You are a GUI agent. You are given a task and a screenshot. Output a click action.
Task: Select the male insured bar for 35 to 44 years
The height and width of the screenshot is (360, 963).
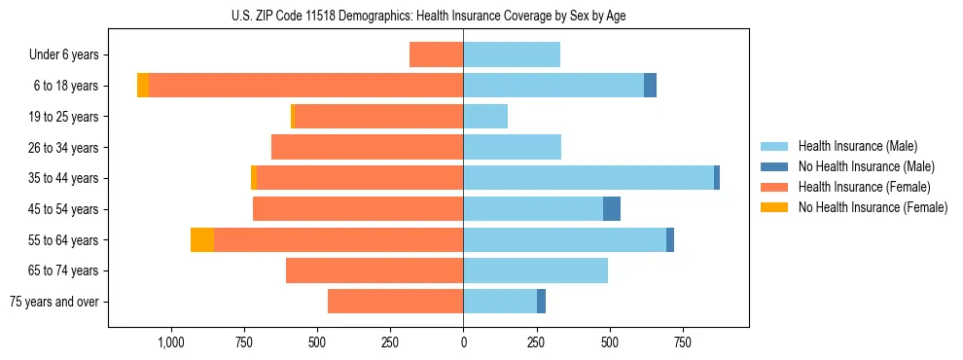pos(588,178)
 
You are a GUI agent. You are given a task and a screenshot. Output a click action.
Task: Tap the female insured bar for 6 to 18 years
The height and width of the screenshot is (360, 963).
pos(306,86)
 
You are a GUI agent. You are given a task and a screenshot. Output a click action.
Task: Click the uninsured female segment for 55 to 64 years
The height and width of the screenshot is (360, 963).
pos(202,239)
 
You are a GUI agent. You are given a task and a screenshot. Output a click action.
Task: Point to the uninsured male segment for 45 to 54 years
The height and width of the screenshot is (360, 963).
pos(612,208)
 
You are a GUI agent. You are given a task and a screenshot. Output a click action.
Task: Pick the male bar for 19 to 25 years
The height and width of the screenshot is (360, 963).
pos(485,117)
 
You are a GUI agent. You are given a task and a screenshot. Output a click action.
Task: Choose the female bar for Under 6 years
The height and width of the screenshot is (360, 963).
pos(436,54)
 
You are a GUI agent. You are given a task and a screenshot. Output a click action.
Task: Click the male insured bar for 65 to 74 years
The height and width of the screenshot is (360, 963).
pos(535,270)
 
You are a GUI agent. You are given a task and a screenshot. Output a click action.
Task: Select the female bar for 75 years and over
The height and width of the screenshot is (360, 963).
pos(395,302)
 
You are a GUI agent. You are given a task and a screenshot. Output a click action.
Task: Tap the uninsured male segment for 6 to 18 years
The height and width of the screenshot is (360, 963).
pos(650,86)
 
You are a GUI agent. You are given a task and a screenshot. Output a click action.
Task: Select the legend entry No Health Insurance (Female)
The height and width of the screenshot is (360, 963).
pos(873,207)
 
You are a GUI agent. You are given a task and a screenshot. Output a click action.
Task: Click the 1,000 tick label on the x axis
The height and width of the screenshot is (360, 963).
pos(171,342)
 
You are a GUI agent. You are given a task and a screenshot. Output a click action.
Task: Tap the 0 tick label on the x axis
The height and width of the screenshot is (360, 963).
pos(463,342)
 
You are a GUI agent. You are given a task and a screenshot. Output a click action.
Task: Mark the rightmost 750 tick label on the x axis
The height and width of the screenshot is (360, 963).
pos(683,342)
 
